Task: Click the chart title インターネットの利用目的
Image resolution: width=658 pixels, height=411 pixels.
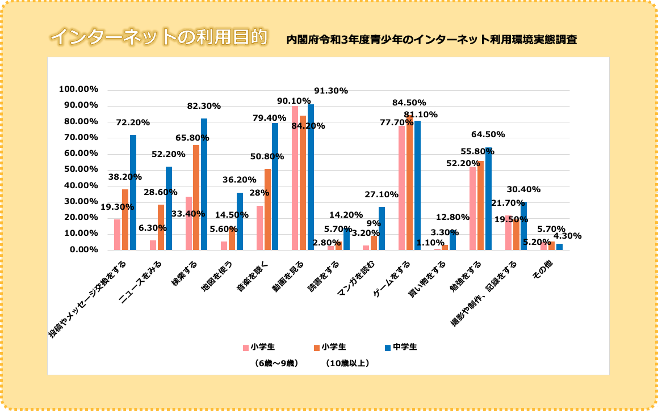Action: tap(158, 37)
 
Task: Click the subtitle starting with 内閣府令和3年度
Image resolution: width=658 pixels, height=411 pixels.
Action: tap(431, 40)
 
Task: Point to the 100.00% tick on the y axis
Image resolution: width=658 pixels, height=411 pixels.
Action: tap(78, 90)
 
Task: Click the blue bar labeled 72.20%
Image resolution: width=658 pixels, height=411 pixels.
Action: tap(133, 193)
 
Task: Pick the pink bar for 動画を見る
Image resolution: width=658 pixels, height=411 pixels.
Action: tap(295, 178)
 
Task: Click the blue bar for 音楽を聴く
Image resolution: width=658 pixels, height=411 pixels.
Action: tap(275, 187)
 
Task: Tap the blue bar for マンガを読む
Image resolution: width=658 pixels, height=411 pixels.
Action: tap(382, 228)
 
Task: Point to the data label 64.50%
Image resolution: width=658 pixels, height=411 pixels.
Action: tap(488, 134)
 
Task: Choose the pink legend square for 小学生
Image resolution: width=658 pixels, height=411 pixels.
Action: tap(246, 348)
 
